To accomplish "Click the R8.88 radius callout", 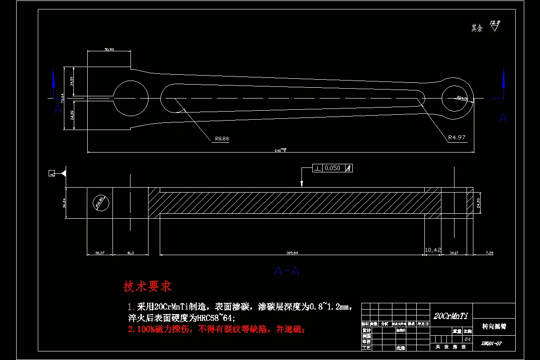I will click(221, 139).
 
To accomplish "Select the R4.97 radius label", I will click(456, 138).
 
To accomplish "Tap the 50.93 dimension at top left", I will click(109, 49).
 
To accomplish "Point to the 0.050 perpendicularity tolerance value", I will click(332, 168).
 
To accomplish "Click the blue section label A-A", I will click(287, 271).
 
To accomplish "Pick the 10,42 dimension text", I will click(433, 249).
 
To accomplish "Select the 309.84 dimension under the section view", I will click(292, 253).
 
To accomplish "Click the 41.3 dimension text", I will click(130, 253).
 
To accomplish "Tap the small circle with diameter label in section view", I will click(100, 202).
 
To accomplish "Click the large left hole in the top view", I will click(130, 98).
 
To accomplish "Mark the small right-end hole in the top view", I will click(457, 98).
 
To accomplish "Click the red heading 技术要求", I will click(148, 286).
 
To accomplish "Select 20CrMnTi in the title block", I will click(450, 316).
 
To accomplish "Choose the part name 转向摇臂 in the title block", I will click(494, 326).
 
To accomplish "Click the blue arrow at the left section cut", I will click(54, 81).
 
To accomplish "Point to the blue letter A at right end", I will click(503, 118).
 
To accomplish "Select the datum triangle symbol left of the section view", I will click(64, 173).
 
